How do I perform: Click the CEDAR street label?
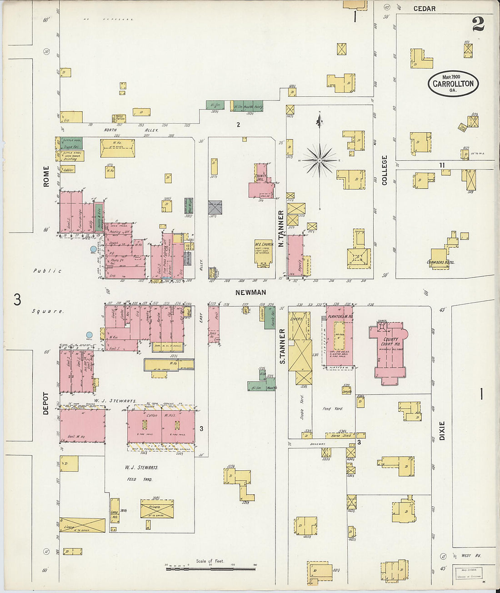pos(424,9)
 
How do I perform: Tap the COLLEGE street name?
pos(385,170)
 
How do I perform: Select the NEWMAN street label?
pos(250,293)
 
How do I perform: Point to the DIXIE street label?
pos(442,430)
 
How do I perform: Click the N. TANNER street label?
pos(281,229)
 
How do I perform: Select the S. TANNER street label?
pos(281,346)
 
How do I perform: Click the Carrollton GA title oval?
pos(453,84)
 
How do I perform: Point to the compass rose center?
pos(320,160)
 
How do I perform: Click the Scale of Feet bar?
pos(210,568)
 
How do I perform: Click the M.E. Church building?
pos(263,252)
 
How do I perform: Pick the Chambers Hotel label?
pos(440,262)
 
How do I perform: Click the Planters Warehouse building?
pos(339,336)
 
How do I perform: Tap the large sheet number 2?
pos(478,24)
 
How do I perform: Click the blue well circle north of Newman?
pos(94,249)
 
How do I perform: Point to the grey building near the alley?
pos(215,207)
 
